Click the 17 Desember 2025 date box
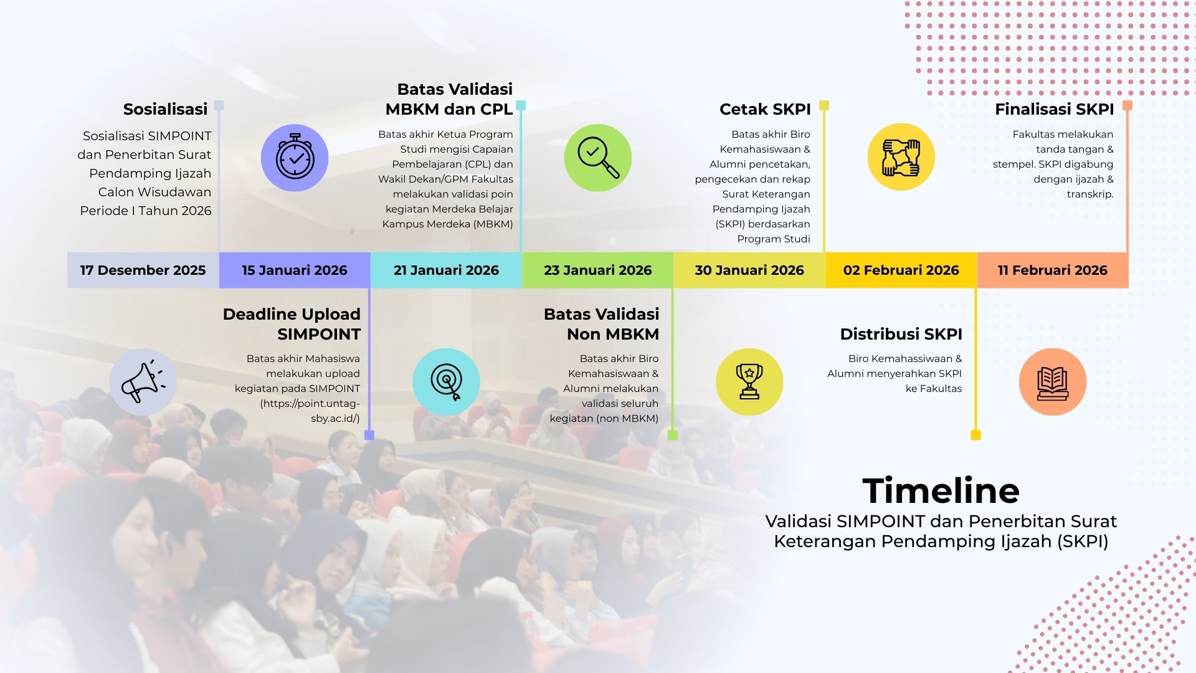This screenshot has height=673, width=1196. click(x=143, y=270)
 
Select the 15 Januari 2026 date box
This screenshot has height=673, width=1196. click(x=295, y=270)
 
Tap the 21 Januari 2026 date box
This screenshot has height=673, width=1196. click(x=446, y=270)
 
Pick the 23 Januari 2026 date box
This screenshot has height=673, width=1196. click(x=598, y=270)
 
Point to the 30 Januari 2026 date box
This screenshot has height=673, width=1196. click(x=749, y=270)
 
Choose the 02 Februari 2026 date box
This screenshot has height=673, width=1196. click(x=901, y=270)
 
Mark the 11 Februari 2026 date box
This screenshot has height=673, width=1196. click(x=1053, y=270)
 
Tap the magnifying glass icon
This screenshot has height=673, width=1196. click(x=598, y=158)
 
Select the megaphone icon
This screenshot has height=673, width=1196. click(x=143, y=381)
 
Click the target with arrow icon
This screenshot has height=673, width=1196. click(x=447, y=382)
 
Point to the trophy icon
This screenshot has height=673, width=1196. click(x=749, y=381)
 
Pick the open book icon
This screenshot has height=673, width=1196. click(x=1053, y=383)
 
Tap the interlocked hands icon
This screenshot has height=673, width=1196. click(x=901, y=157)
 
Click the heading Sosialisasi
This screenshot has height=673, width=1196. click(x=165, y=109)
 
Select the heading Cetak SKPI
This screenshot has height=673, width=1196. click(x=765, y=109)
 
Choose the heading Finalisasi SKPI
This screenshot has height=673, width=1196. click(x=1054, y=109)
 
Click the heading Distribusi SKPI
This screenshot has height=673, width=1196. click(x=901, y=334)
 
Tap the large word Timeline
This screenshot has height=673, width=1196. click(x=941, y=490)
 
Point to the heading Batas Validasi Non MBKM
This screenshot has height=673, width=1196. click(x=601, y=324)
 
